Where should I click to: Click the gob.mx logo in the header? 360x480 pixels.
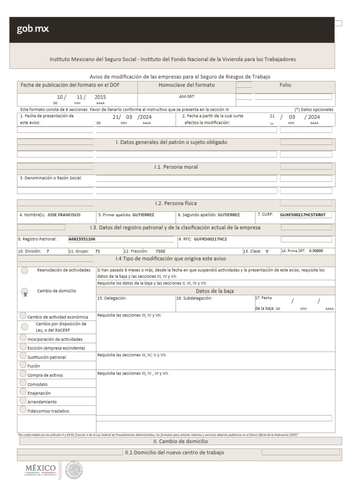tap(33, 30)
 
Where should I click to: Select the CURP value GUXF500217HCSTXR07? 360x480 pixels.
tap(302, 215)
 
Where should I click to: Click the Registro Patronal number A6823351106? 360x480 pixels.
tap(82, 239)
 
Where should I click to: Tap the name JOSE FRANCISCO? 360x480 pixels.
tap(64, 215)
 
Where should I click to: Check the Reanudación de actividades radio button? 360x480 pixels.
tap(25, 270)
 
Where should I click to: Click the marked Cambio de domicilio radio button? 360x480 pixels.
tap(25, 292)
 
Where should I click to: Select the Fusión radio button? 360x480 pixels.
tap(23, 365)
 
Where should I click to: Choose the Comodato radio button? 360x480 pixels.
tap(23, 383)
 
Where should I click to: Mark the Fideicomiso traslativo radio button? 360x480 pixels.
tap(23, 410)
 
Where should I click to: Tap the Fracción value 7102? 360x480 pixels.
tap(160, 251)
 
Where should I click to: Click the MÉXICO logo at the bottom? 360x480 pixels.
tap(41, 469)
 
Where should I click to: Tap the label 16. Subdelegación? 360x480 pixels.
tap(195, 298)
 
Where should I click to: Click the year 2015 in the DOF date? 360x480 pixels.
tap(100, 97)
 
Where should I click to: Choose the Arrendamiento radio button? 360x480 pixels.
tap(23, 401)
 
